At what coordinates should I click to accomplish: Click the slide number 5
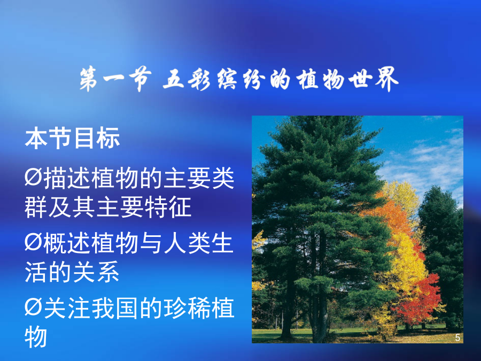pos(457,337)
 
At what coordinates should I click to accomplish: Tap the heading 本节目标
pos(72,138)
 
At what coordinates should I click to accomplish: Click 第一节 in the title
pos(115,79)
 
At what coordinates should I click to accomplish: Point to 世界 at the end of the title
pos(374,79)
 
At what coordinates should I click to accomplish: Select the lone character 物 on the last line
pos(36,337)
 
